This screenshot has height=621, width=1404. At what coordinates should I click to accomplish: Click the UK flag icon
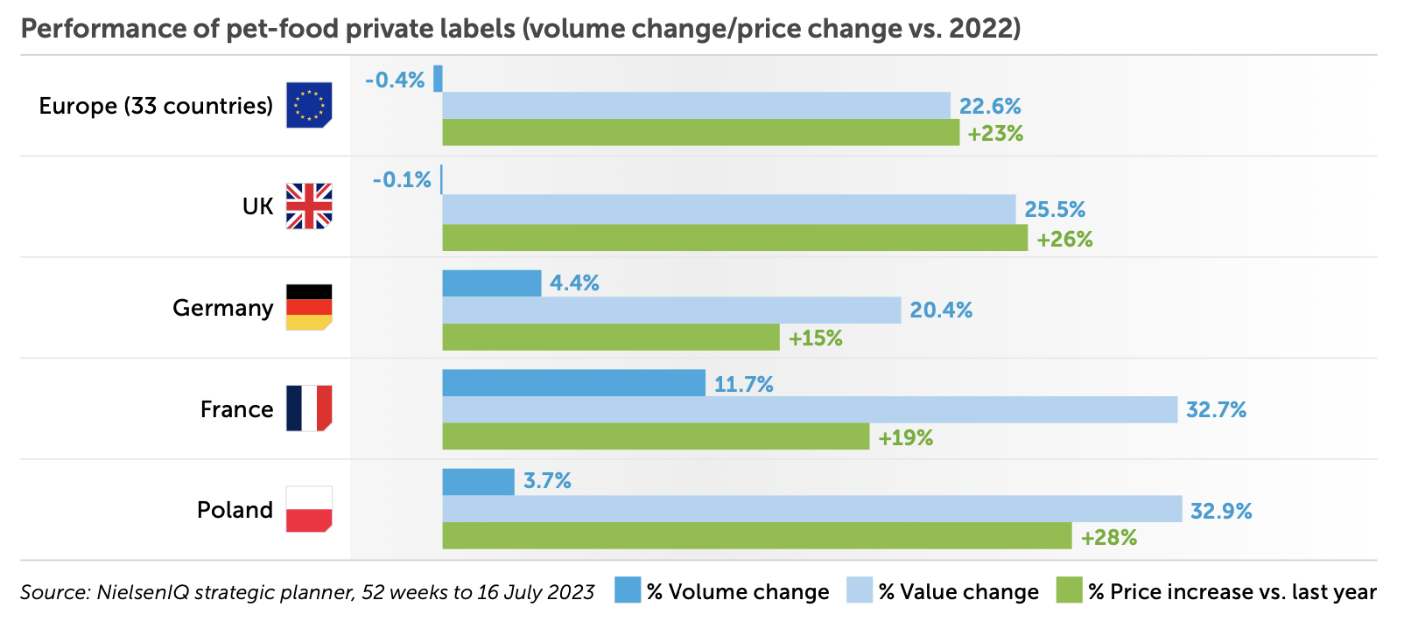coord(309,206)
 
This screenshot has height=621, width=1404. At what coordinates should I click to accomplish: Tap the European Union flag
coord(309,105)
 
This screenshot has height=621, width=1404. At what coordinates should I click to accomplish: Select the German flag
coord(309,307)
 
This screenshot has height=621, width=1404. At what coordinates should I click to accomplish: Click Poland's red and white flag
coord(309,509)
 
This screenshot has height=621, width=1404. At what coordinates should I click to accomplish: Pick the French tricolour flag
coord(309,408)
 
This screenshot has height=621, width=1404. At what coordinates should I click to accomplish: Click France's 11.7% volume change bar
coord(573,383)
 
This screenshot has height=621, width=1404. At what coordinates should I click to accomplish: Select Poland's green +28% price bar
coord(756,536)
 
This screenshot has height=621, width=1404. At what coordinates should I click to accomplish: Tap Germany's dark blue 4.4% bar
coord(491,283)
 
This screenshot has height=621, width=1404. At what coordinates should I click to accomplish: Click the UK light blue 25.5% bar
coord(728,209)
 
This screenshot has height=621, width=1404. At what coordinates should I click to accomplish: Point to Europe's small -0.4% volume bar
coord(438,79)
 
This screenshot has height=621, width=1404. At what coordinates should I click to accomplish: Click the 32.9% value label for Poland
coord(1221,511)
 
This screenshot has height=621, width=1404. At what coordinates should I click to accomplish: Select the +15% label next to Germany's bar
coord(815,338)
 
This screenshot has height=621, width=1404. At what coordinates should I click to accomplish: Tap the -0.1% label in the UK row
coord(402,180)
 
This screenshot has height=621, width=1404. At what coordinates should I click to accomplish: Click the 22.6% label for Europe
coord(990,106)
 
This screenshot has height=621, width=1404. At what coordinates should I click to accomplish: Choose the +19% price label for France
coord(905,437)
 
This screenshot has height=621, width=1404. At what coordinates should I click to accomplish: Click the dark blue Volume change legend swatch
coord(628,590)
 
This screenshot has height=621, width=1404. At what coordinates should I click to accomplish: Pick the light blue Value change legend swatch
coord(860,590)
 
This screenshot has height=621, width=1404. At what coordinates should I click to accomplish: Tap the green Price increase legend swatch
coord(1069,590)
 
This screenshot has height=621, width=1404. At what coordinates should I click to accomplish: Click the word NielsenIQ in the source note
coord(142,592)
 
